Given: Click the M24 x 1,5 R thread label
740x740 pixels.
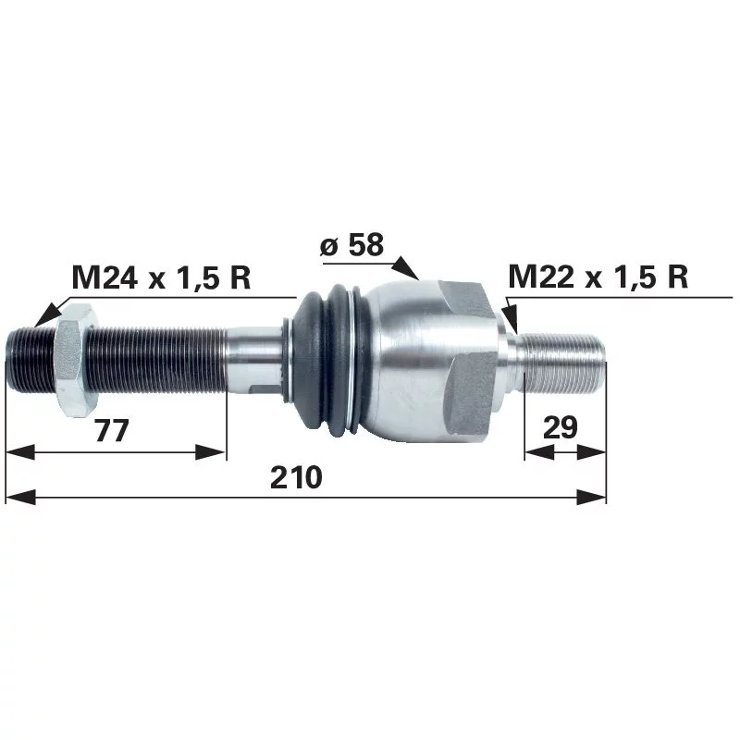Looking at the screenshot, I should [x=161, y=277].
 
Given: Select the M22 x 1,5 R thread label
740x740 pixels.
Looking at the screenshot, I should [x=598, y=277].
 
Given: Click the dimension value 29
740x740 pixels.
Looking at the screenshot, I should [x=561, y=427].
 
